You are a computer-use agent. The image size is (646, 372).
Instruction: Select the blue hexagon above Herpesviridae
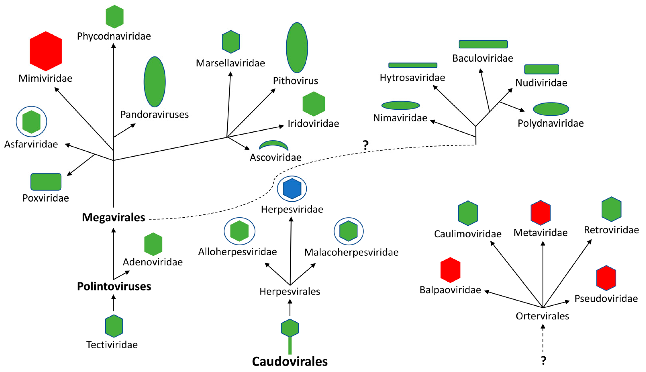(292, 188)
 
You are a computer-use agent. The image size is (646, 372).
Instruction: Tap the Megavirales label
(113, 217)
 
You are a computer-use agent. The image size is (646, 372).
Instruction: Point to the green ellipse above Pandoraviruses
(154, 82)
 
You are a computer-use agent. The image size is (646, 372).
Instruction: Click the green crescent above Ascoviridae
(273, 145)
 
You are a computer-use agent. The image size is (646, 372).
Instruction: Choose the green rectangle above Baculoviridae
(483, 44)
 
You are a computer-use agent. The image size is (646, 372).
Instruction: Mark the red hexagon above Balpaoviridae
(450, 270)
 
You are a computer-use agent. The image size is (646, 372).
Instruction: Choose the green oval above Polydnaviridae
(551, 109)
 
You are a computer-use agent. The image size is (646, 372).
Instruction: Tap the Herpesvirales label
(290, 292)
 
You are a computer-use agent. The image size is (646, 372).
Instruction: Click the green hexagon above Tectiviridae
(114, 326)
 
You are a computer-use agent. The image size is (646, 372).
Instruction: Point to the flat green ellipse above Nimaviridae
(400, 105)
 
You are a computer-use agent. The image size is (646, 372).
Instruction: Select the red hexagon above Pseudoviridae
(606, 278)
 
